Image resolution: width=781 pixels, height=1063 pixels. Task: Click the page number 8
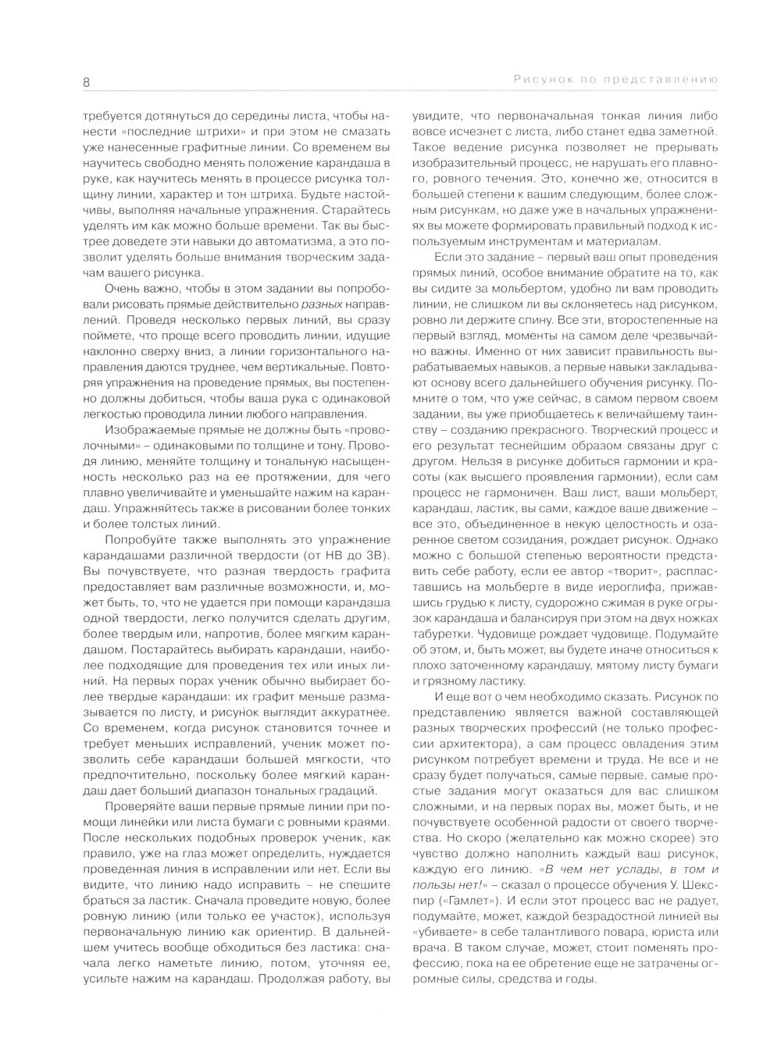click(x=87, y=80)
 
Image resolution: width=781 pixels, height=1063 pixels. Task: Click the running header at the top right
click(x=616, y=80)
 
